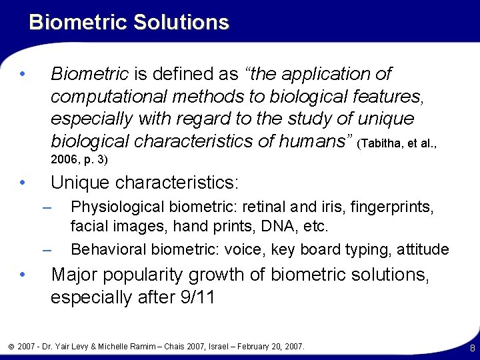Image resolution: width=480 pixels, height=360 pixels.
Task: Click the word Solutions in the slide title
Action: pos(181,22)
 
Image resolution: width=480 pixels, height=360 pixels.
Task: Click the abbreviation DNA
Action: pos(273,227)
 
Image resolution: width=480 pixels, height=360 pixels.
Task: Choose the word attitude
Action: pos(423,249)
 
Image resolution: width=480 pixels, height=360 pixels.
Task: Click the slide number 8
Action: pos(472,347)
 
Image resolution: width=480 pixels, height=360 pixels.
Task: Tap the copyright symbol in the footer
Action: pos(9,347)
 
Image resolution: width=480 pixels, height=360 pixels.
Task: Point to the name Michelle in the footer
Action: pos(119,347)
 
